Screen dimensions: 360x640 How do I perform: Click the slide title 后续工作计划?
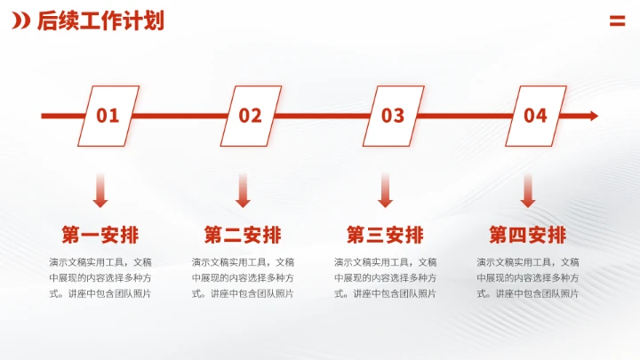[x=100, y=21]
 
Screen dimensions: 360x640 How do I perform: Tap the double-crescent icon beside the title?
[x=20, y=21]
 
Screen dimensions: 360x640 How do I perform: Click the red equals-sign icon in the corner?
[x=617, y=21]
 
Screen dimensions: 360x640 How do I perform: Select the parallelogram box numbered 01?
[x=108, y=116]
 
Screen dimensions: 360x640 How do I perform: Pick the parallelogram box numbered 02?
[x=251, y=116]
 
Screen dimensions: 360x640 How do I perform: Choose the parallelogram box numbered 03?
[x=393, y=116]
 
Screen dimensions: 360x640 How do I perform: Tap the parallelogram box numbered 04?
[x=535, y=116]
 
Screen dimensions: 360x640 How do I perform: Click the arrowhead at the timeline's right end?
[x=592, y=116]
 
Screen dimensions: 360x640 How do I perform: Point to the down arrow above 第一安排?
[x=100, y=190]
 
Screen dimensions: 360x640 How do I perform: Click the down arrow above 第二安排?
[x=243, y=190]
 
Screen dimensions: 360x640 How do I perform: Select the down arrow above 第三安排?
[x=385, y=190]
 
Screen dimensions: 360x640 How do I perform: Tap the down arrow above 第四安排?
[x=527, y=190]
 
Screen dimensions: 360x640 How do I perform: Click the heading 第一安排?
[x=100, y=236]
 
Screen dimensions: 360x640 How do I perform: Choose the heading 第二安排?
[x=243, y=236]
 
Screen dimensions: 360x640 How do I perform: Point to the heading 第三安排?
[x=385, y=236]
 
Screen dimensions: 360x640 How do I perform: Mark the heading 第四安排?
[x=527, y=236]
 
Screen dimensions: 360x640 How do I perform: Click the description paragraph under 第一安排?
[x=100, y=277]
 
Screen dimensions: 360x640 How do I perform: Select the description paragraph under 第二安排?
[x=243, y=277]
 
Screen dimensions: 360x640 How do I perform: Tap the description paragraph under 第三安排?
[x=385, y=277]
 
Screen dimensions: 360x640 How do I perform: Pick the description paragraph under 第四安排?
[x=527, y=277]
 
